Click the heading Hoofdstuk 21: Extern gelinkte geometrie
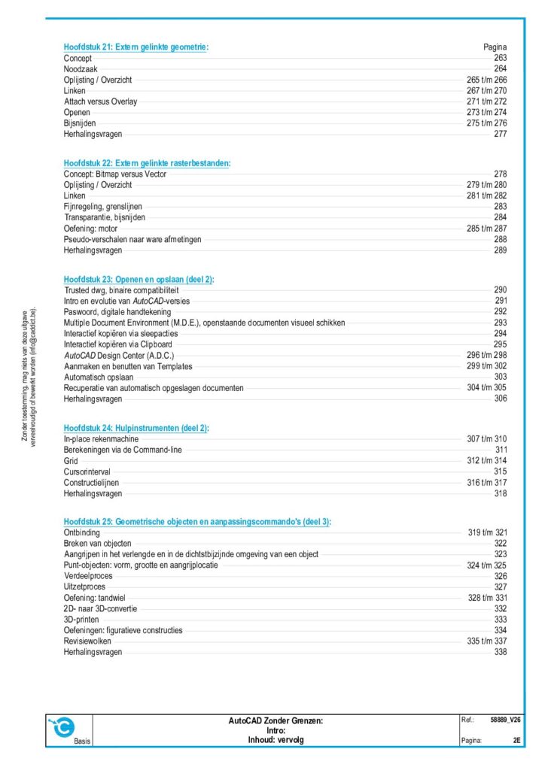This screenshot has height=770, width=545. (x=136, y=47)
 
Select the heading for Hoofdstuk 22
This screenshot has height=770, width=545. (x=147, y=163)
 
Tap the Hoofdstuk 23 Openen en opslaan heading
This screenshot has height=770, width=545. (x=139, y=279)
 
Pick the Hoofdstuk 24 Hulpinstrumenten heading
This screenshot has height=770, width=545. (x=136, y=428)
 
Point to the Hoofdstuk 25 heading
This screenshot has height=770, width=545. (x=197, y=522)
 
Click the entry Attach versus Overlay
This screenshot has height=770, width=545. (x=100, y=102)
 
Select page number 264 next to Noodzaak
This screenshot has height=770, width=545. (x=500, y=69)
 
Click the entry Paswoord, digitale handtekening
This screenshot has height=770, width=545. (x=117, y=311)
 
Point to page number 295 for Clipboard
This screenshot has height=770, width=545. (x=500, y=344)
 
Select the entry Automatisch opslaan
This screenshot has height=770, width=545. (x=99, y=377)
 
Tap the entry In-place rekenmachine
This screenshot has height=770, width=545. (x=100, y=439)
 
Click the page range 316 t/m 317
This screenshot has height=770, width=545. (x=487, y=483)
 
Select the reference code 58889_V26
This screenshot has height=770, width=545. (x=506, y=720)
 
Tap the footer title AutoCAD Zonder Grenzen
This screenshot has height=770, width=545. (x=276, y=720)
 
